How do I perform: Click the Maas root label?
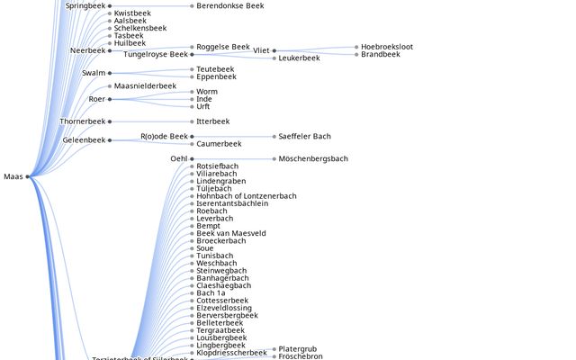pos(13,176)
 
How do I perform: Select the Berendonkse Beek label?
pos(229,5)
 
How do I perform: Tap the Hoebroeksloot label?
pos(387,47)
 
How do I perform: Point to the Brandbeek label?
pos(381,55)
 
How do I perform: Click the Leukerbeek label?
pos(299,58)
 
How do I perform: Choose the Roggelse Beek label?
pos(222,47)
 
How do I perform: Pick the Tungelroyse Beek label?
pos(156,55)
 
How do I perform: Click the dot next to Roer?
pos(110,99)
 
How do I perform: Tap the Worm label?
pos(206,92)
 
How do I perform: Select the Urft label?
pos(203,107)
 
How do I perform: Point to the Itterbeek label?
pos(212,121)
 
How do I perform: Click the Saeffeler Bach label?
pos(304,137)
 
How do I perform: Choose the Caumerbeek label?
pos(219,144)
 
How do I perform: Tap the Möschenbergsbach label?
pos(313,159)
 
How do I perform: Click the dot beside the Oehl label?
pos(193,159)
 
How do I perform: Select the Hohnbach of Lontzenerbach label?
pos(246,196)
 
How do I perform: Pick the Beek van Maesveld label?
pos(231,233)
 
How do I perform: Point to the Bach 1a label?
pos(211,293)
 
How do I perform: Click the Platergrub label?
pos(298,349)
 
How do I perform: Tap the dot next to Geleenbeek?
pos(110,140)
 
